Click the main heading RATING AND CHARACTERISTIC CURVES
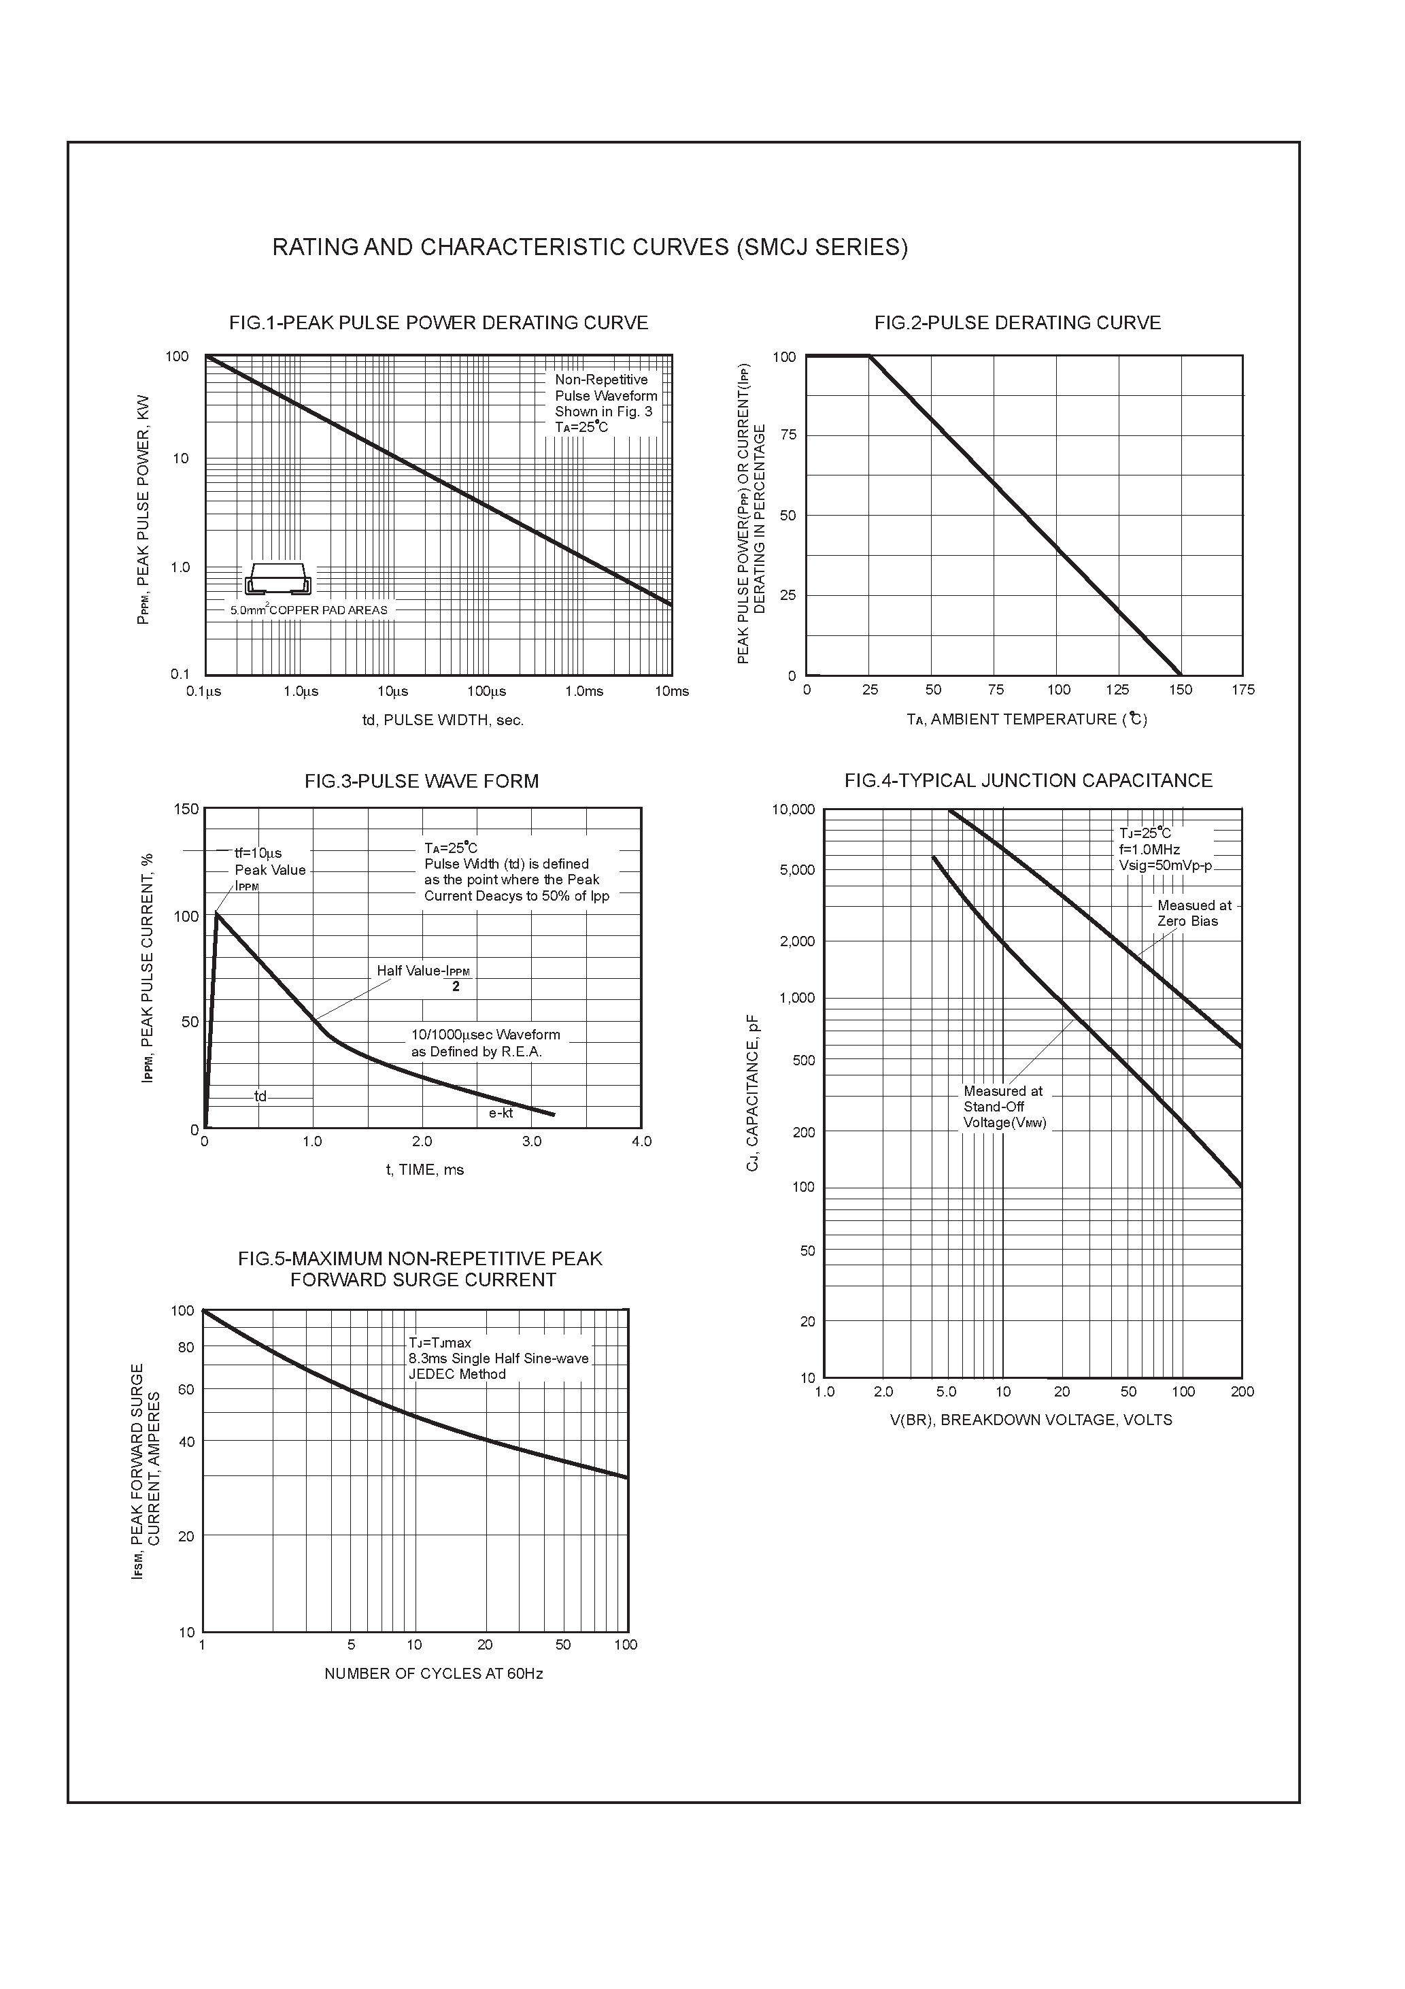pos(590,248)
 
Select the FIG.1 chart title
pos(439,323)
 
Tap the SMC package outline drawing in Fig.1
pos(278,579)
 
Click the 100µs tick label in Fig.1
pos(487,691)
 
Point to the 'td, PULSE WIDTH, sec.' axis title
pos(443,720)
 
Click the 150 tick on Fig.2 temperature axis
pos(1180,690)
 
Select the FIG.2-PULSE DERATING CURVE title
pos(1017,323)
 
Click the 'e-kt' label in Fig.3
pos(501,1113)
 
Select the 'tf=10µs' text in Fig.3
pos(258,853)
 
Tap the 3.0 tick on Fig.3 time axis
pos(532,1141)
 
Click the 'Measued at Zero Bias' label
pos(1193,913)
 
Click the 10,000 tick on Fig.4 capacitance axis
pos(792,810)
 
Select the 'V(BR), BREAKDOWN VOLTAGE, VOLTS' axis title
pos(1031,1420)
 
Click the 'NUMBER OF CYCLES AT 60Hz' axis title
pos(433,1673)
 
